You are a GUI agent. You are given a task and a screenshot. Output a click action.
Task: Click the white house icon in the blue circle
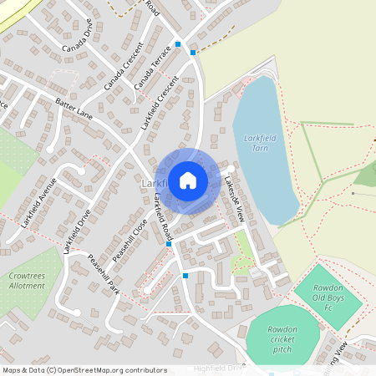click(188, 180)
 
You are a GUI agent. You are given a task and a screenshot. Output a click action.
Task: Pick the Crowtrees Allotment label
click(27, 279)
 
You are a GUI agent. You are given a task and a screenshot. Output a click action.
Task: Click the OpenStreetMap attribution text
click(84, 370)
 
